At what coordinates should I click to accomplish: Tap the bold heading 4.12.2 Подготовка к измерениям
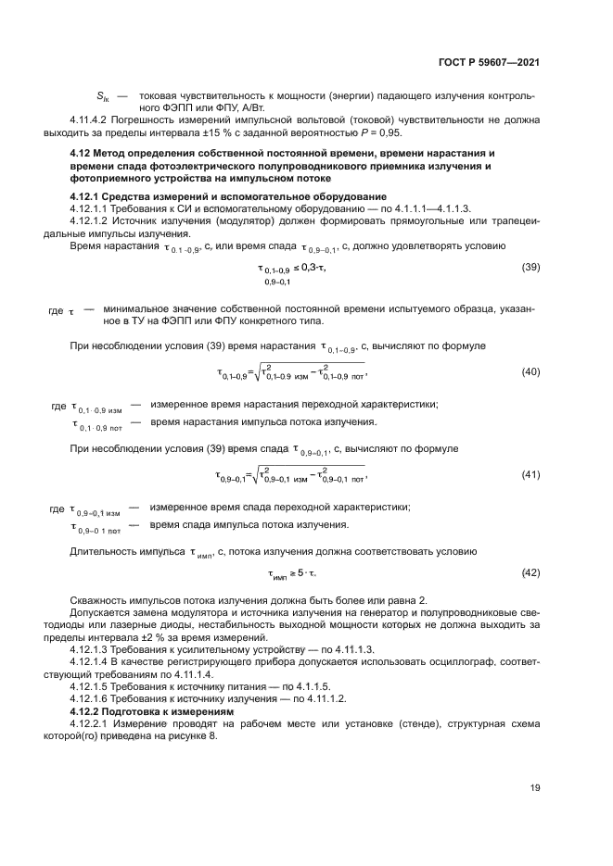[151, 710]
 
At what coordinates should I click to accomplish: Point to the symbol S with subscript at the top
[103, 96]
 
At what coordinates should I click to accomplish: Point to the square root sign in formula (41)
[257, 474]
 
